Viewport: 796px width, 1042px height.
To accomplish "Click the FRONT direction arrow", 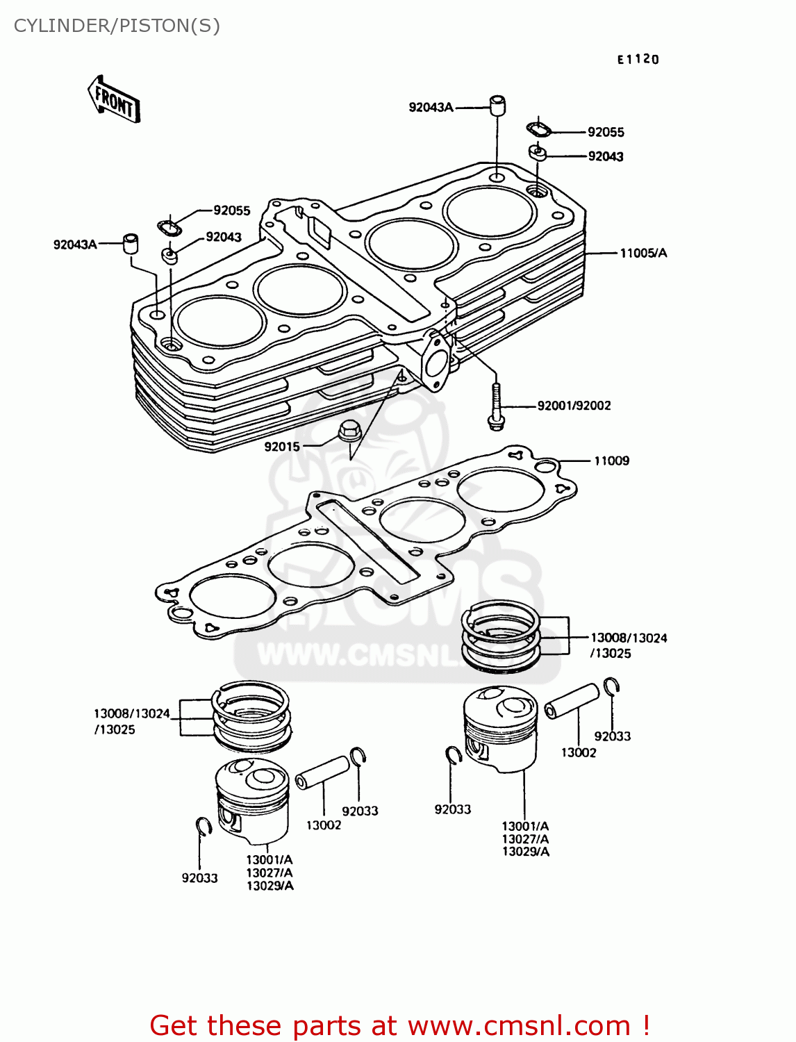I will [114, 100].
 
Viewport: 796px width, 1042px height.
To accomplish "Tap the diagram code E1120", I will [638, 60].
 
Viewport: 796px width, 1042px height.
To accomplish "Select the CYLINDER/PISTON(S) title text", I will [117, 26].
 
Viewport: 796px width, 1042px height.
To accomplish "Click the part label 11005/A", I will [642, 253].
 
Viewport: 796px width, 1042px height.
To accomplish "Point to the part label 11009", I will [611, 461].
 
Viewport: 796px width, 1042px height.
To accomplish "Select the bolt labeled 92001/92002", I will [495, 405].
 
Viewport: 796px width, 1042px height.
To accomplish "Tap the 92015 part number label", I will [282, 447].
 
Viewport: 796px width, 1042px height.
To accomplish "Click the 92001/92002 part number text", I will [574, 406].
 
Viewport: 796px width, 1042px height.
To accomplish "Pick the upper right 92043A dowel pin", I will [497, 105].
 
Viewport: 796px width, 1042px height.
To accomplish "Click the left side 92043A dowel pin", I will [130, 244].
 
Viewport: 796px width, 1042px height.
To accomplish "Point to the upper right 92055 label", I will [606, 132].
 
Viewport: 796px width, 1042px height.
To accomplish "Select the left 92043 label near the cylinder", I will [224, 237].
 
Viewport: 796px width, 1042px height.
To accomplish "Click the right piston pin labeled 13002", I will [571, 701].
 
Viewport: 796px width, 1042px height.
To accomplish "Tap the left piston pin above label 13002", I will [322, 772].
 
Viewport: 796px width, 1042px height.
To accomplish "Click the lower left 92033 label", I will [199, 878].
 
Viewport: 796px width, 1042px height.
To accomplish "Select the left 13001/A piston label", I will [270, 859].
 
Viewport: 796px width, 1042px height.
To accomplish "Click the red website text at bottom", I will [399, 1025].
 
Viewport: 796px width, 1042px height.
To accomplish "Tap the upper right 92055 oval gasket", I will [538, 129].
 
